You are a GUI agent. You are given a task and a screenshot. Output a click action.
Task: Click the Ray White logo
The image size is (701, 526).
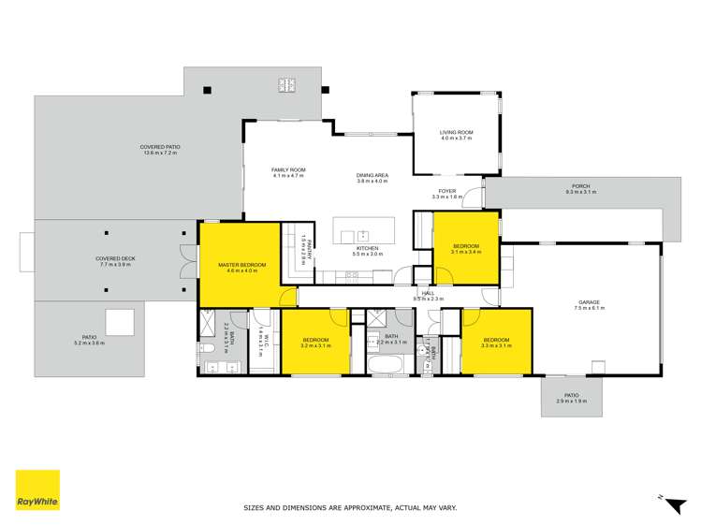pyautogui.click(x=37, y=490)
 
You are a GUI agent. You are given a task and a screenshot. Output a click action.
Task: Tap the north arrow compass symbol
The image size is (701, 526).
pyautogui.click(x=671, y=504)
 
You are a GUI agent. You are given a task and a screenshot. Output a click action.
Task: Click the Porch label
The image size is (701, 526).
pyautogui.click(x=581, y=189)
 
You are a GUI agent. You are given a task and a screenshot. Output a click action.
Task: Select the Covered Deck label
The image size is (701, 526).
pyautogui.click(x=111, y=262)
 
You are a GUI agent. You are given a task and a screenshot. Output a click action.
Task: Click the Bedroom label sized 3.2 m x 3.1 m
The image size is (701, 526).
pyautogui.click(x=315, y=343)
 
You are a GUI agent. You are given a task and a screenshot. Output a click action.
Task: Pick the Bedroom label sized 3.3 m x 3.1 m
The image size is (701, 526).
pyautogui.click(x=497, y=343)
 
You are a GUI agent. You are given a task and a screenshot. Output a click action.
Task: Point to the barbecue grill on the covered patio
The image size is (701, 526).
pyautogui.click(x=286, y=85)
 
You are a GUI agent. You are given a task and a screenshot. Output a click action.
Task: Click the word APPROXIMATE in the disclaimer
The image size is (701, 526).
pyautogui.click(x=343, y=507)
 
